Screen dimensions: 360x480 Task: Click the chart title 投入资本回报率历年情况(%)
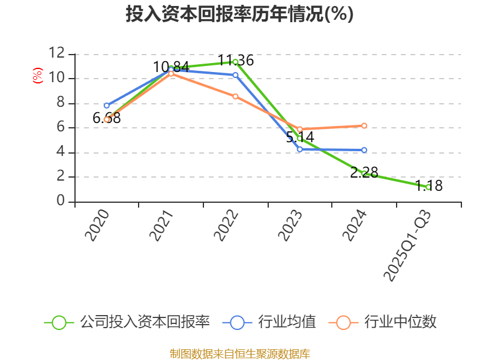click(239, 14)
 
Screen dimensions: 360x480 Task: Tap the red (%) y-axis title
click(37, 76)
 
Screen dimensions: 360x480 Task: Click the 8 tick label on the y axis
click(61, 103)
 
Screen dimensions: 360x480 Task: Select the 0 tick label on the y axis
click(61, 201)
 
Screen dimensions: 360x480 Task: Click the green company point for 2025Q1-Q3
click(428, 187)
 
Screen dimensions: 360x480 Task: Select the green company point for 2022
click(236, 62)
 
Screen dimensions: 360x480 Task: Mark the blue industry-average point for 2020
click(107, 106)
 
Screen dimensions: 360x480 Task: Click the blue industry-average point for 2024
click(364, 150)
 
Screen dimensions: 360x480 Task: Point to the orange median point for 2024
click(364, 125)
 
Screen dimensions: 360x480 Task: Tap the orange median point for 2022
click(236, 96)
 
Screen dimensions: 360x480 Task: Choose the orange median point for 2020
click(107, 119)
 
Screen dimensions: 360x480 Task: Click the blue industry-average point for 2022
click(236, 75)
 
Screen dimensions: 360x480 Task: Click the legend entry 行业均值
click(269, 322)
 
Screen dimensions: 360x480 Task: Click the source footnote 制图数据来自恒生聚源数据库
click(239, 353)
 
